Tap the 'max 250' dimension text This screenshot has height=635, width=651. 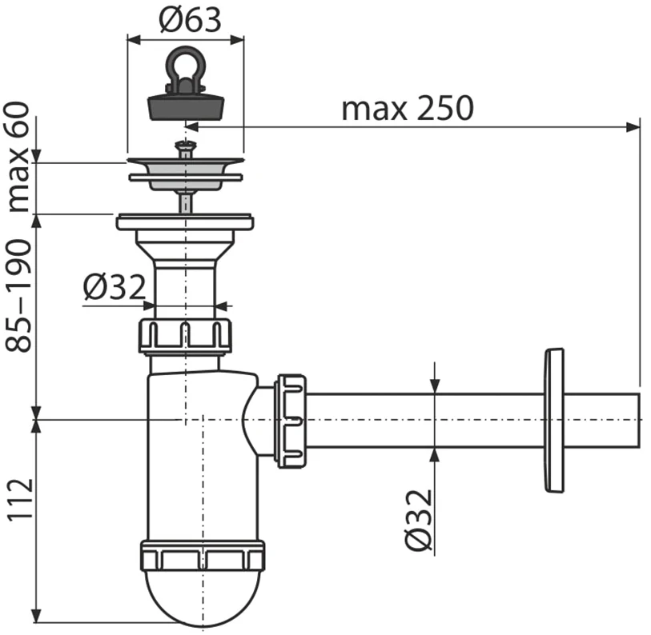coord(408,108)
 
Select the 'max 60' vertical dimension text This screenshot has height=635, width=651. coord(18,158)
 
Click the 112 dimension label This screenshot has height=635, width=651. coord(20,499)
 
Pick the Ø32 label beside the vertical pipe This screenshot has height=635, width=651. coord(115,286)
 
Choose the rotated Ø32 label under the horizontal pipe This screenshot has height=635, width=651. coord(419,520)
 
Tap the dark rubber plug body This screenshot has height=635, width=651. coord(186,106)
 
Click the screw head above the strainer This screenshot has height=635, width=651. coord(185,146)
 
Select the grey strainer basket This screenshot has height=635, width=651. coord(185,174)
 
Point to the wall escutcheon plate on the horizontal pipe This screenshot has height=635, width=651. coord(554,420)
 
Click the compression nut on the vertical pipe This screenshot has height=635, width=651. coord(185,337)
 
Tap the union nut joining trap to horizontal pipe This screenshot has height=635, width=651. coord(290,421)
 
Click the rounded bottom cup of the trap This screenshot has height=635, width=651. coord(203,598)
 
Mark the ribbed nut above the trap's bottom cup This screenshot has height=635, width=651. coord(203,556)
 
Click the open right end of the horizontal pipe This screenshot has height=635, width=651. coord(639,421)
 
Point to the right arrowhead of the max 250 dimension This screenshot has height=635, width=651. coord(633,127)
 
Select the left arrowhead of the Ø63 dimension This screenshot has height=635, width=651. coord(134,40)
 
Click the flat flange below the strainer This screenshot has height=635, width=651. coord(185,222)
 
